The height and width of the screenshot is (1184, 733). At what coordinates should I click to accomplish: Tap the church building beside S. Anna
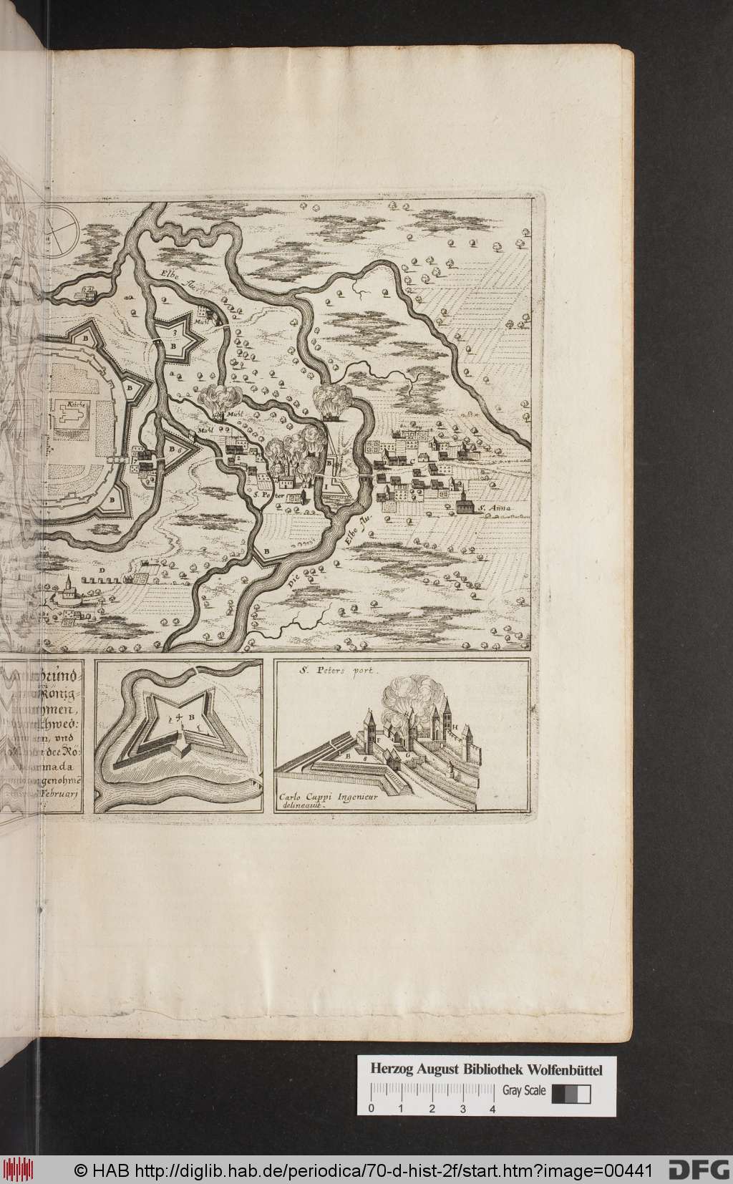465,503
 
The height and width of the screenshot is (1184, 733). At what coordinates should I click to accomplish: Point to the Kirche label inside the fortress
78,405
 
